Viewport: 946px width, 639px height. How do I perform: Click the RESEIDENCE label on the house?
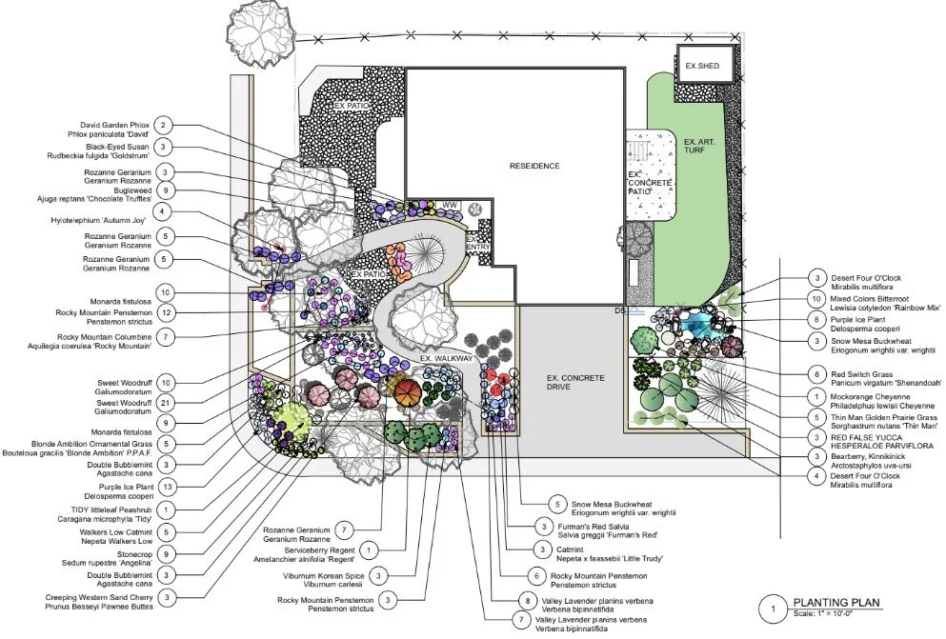533,166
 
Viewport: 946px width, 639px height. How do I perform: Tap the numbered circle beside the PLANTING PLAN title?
775,607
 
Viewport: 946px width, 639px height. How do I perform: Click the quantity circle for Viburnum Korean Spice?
378,576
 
